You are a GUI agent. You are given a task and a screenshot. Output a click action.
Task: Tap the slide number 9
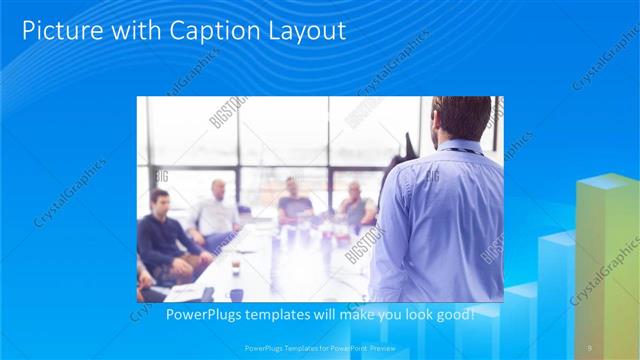point(590,347)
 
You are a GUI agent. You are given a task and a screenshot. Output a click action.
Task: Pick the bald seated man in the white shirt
point(216,212)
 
